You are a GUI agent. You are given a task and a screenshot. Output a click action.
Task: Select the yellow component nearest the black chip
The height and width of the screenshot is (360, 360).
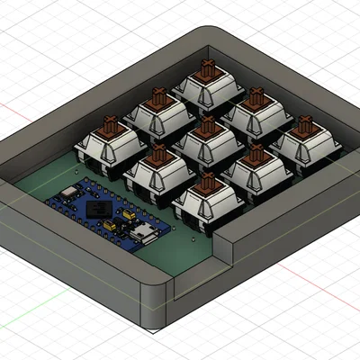(121, 220)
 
